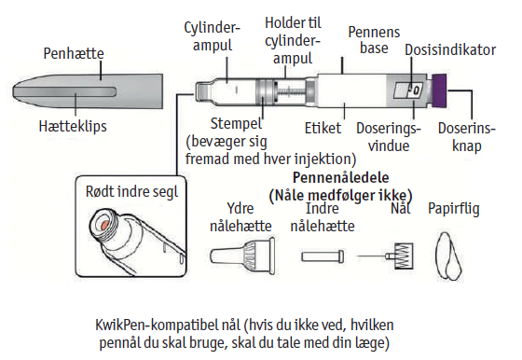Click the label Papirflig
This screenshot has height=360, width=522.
coord(453,209)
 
